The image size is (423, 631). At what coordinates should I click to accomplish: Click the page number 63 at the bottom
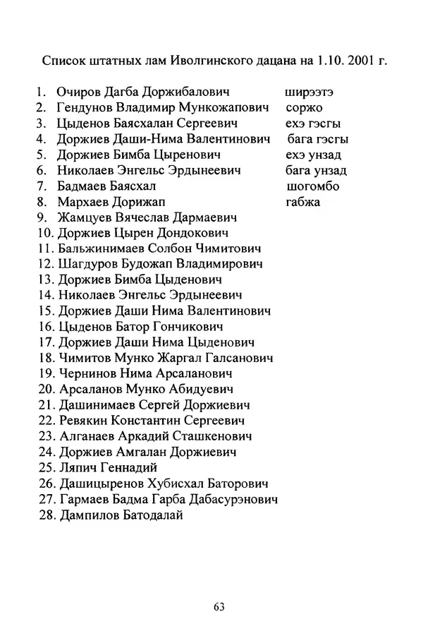click(x=218, y=606)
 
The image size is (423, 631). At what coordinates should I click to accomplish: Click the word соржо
click(x=305, y=108)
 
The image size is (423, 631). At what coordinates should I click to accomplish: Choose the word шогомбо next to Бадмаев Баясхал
click(x=314, y=186)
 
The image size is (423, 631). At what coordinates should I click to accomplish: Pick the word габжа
click(x=303, y=202)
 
